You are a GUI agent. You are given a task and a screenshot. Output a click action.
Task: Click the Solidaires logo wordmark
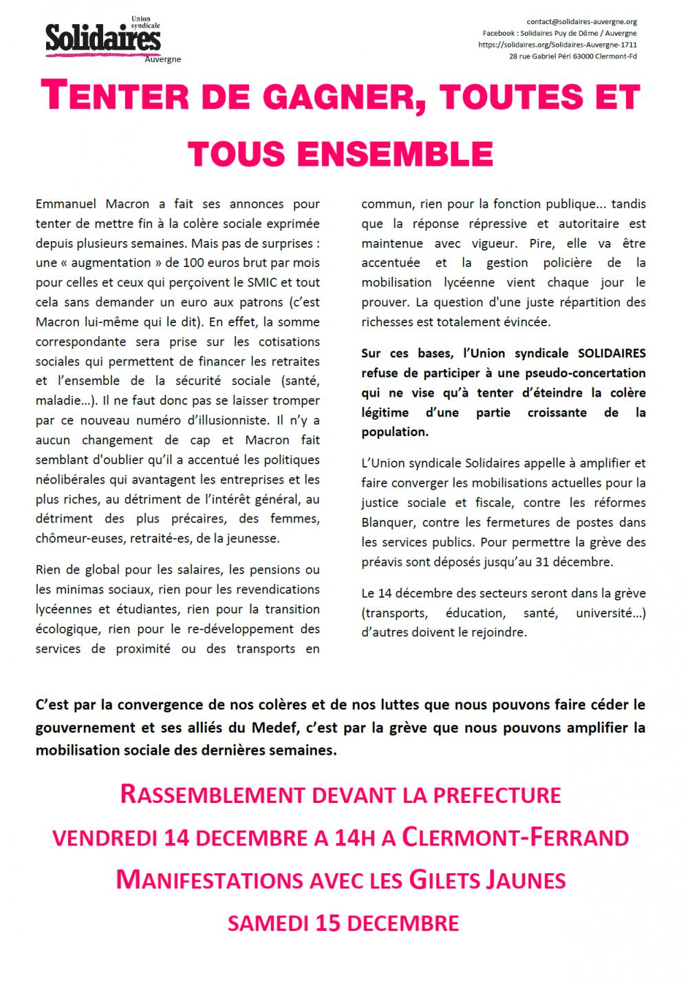(103, 38)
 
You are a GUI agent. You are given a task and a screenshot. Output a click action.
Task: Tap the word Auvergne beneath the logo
(163, 59)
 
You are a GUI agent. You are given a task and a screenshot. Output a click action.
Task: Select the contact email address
(582, 21)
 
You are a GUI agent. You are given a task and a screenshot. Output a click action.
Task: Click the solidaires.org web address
(557, 45)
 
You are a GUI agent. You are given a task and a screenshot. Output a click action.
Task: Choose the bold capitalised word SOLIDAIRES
(612, 353)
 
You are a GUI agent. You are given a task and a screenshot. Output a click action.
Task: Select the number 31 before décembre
(543, 562)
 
